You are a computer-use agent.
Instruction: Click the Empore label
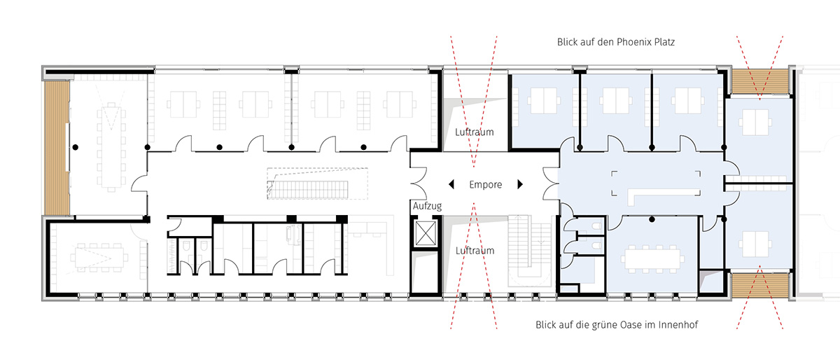485,185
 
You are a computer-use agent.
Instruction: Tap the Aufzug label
427,206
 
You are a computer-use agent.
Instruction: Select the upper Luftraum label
475,132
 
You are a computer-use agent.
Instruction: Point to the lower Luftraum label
475,250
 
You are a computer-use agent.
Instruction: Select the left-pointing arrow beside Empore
451,184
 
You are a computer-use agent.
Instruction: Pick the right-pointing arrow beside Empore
520,184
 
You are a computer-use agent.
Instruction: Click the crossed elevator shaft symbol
426,233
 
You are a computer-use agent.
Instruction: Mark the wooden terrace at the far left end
57,148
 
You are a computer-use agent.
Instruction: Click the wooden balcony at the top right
760,81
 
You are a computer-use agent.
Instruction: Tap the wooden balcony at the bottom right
760,286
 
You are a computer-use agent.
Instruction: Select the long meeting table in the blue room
652,259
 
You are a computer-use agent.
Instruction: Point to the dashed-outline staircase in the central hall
317,184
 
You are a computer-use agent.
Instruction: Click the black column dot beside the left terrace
76,148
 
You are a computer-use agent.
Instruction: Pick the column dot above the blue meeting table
652,219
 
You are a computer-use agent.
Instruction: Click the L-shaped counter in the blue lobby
664,195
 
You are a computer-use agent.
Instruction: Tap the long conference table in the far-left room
111,147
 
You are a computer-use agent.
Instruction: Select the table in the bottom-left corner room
99,258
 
